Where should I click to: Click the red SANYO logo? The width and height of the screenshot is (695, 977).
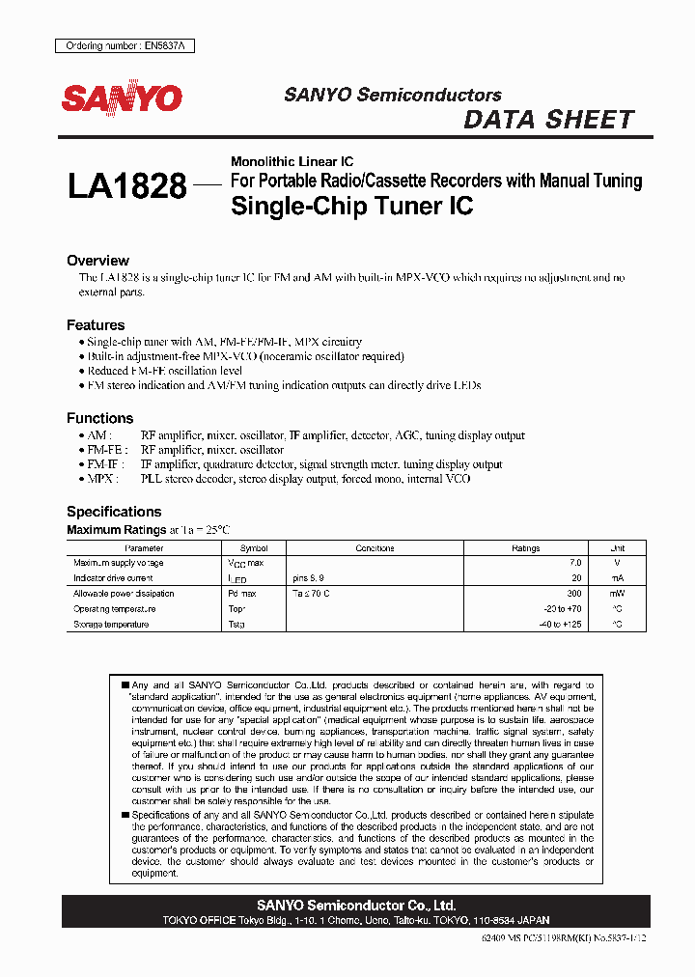pos(122,98)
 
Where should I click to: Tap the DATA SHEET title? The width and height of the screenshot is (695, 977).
pos(548,120)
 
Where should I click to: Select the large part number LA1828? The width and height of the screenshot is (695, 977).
pos(126,186)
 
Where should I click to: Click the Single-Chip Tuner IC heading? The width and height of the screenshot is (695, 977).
pos(352,206)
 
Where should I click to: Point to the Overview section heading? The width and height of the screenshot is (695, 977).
pos(97,261)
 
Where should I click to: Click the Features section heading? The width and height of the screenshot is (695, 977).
pos(96,325)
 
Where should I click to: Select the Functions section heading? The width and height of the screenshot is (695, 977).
pos(99,418)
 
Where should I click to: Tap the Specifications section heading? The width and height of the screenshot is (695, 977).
pos(114,512)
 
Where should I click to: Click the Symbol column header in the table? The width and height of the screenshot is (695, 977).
pos(254,547)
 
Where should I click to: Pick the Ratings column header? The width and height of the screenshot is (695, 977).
pos(526,547)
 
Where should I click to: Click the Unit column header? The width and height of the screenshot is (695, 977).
pos(618,547)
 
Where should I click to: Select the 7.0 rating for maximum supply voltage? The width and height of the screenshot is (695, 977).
pos(575,562)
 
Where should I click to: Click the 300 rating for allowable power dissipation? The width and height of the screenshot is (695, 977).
pos(573,594)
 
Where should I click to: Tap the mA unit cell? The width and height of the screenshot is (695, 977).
pos(618,577)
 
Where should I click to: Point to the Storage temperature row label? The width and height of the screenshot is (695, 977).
pos(111,625)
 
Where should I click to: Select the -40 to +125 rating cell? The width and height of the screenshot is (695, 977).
pos(561,625)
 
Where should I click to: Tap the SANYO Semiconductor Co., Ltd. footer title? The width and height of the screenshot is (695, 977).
pos(356,906)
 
